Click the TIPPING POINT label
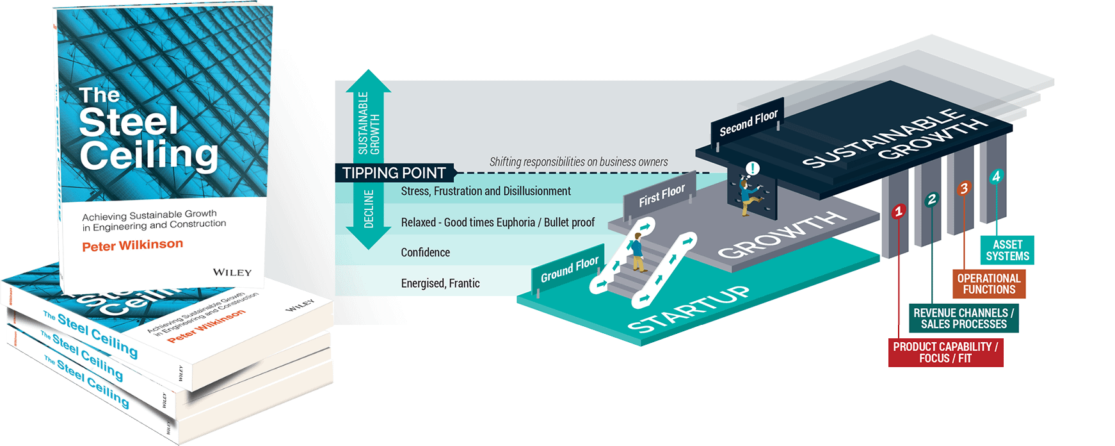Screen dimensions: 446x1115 394,173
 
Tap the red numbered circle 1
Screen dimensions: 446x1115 899,211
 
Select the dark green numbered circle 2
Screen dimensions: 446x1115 931,199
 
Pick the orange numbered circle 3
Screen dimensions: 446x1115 963,188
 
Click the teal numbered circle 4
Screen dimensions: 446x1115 995,176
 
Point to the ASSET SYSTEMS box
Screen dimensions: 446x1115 1007,251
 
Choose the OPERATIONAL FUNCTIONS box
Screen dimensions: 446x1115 988,284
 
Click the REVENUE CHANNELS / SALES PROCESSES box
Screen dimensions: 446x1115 963,318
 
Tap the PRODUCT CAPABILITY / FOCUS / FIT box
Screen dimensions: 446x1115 945,352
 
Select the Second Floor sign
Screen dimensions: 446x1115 748,123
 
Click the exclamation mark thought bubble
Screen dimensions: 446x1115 753,169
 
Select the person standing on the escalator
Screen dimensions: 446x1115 636,253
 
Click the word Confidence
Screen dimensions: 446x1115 425,252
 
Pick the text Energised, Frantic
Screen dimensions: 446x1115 440,283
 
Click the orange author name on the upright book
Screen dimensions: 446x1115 132,245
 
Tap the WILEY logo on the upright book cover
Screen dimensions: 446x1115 232,272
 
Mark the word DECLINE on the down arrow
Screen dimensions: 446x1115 369,209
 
